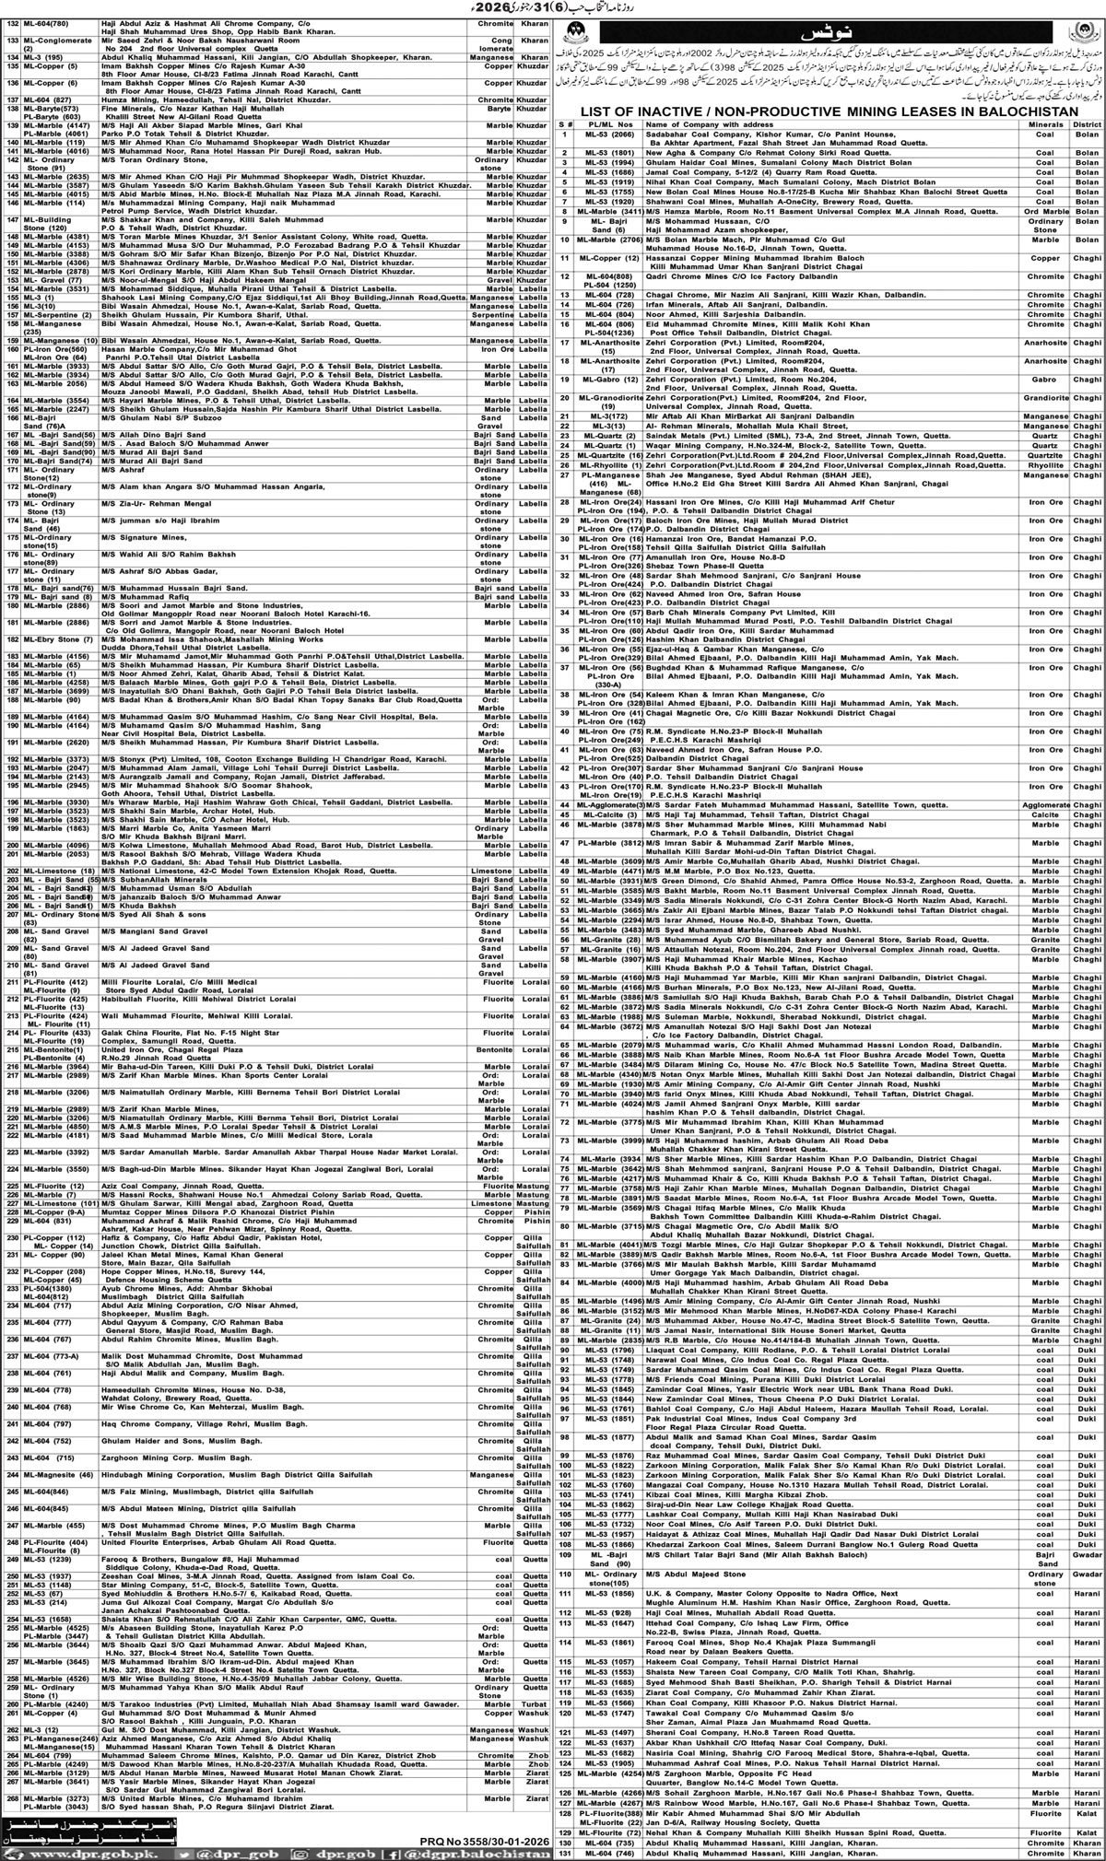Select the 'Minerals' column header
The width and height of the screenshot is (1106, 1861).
tap(1042, 123)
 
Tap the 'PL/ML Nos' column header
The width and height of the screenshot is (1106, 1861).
tap(607, 123)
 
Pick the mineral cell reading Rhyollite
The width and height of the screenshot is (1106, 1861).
tap(1041, 465)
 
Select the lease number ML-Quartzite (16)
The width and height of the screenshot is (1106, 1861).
tap(611, 456)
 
